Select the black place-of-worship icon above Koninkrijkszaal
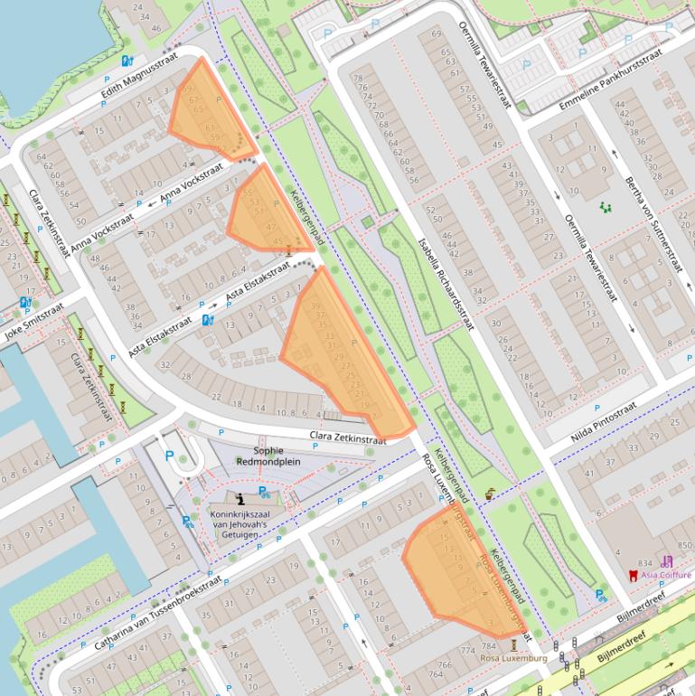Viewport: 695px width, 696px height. tap(239, 498)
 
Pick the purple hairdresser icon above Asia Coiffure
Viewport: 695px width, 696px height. tap(667, 560)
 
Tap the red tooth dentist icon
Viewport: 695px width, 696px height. tap(633, 575)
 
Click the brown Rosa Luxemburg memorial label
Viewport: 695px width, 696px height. tap(514, 658)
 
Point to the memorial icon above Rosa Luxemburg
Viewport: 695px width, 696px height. tap(514, 644)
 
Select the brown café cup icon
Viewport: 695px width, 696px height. tap(490, 494)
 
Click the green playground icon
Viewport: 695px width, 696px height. tap(605, 207)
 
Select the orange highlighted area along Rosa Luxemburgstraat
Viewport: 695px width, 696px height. tap(456, 569)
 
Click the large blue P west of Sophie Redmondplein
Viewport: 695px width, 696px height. tap(169, 456)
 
